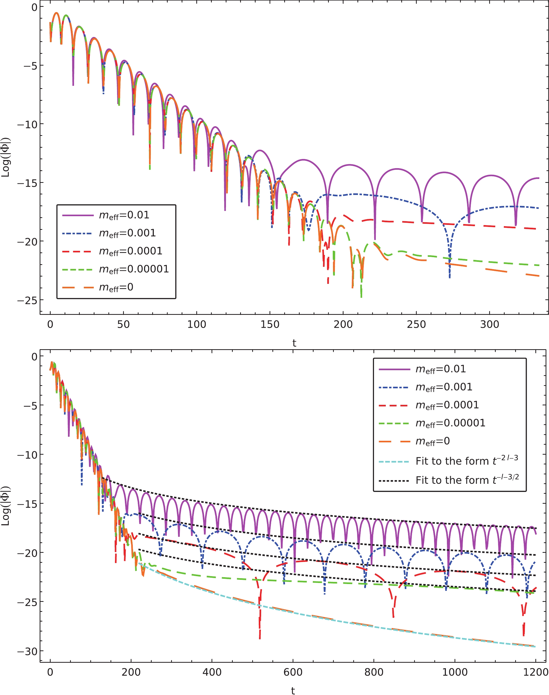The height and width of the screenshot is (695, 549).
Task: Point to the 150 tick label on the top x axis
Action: tap(270, 325)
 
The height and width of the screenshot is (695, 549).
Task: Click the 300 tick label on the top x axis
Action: tap(489, 325)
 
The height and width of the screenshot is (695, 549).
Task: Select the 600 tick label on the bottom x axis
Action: tap(293, 672)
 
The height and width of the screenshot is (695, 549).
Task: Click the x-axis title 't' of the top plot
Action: tap(294, 343)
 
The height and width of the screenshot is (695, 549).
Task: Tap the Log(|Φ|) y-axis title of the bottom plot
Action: tap(6, 506)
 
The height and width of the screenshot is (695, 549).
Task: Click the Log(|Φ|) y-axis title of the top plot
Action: tap(6, 157)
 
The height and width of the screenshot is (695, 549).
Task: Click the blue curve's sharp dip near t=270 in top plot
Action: tap(450, 277)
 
